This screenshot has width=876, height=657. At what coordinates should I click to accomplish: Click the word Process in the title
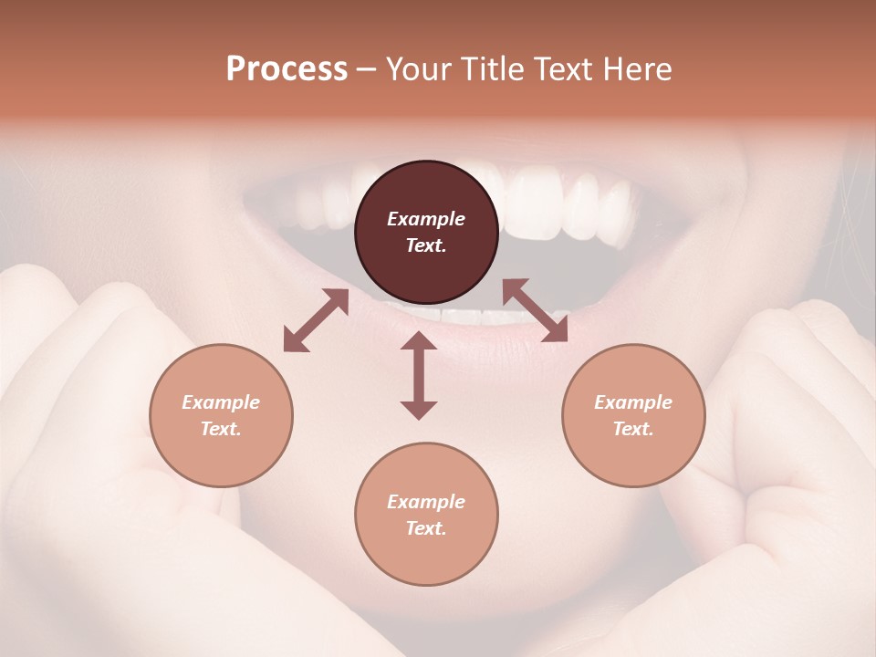tap(287, 69)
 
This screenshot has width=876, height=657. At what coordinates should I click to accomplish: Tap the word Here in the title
tap(638, 69)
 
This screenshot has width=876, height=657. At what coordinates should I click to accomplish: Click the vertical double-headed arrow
tap(419, 375)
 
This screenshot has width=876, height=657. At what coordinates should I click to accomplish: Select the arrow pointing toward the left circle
tap(316, 320)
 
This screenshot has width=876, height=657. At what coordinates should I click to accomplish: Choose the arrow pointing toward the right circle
tap(535, 310)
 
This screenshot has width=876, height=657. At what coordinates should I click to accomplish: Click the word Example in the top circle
tap(426, 219)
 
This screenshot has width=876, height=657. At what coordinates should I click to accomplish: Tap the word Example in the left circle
tap(221, 402)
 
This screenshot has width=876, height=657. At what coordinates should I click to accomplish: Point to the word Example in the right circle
tap(633, 402)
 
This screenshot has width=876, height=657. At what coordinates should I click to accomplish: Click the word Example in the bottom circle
tap(426, 502)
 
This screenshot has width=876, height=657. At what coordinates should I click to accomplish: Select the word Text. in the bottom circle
tap(426, 528)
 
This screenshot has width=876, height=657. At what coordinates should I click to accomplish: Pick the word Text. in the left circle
tap(221, 429)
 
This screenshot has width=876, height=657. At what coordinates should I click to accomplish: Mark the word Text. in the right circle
tap(633, 429)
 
